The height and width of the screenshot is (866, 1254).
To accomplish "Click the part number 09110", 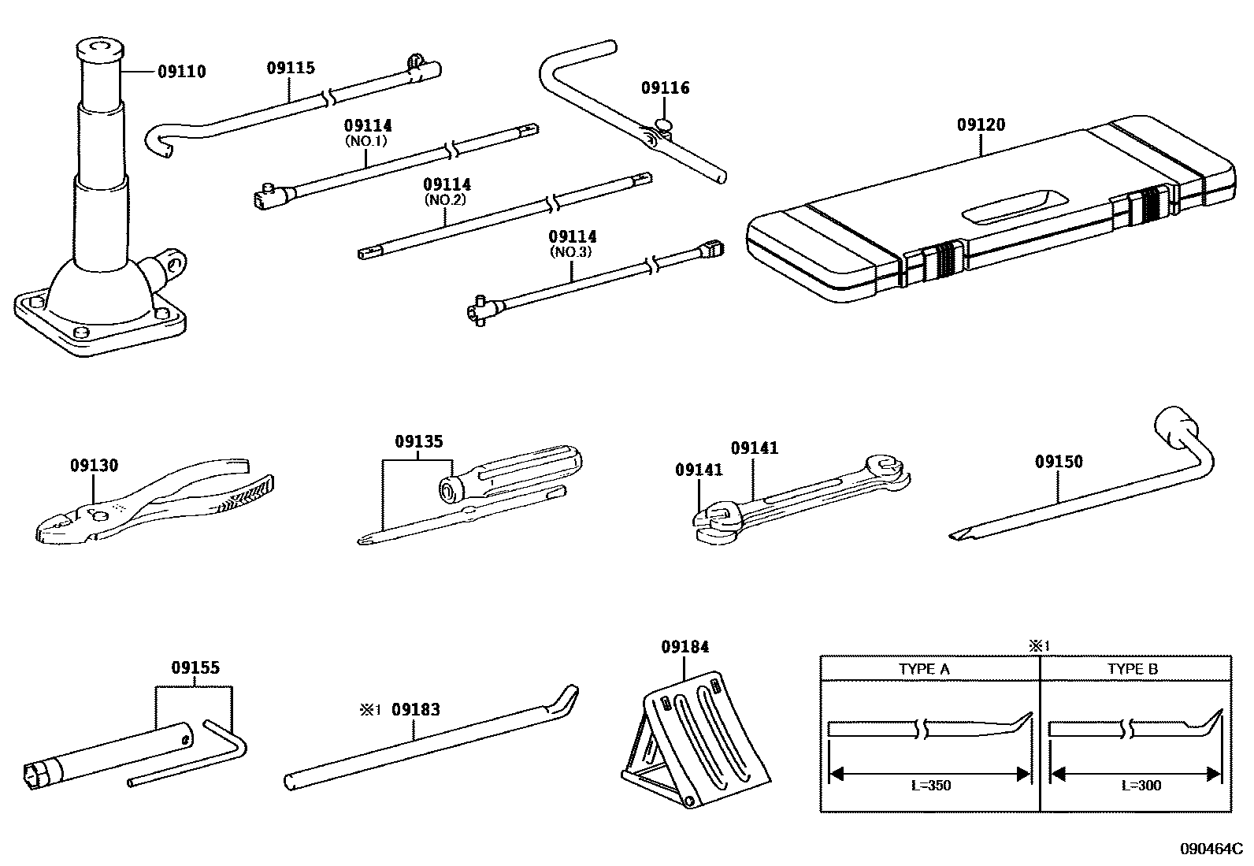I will (181, 72).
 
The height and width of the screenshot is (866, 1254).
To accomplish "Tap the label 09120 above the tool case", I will (981, 125).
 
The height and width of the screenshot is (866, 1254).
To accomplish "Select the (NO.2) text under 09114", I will (447, 199).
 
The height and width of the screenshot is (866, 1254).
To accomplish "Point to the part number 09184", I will (685, 647).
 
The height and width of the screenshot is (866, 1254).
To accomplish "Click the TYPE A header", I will (924, 669).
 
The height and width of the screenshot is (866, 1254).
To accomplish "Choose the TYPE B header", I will (1132, 669).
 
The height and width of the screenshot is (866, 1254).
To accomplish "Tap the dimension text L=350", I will (929, 785).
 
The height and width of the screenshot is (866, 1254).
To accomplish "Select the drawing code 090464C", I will (1210, 849).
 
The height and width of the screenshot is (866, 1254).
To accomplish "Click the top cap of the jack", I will (100, 50).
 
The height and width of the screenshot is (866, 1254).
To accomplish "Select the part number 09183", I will (415, 709).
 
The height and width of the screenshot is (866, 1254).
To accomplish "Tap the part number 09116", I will (665, 87).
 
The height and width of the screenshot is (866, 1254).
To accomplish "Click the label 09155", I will (195, 667).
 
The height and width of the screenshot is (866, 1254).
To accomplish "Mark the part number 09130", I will (94, 465).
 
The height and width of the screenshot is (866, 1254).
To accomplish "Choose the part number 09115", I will (290, 68).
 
